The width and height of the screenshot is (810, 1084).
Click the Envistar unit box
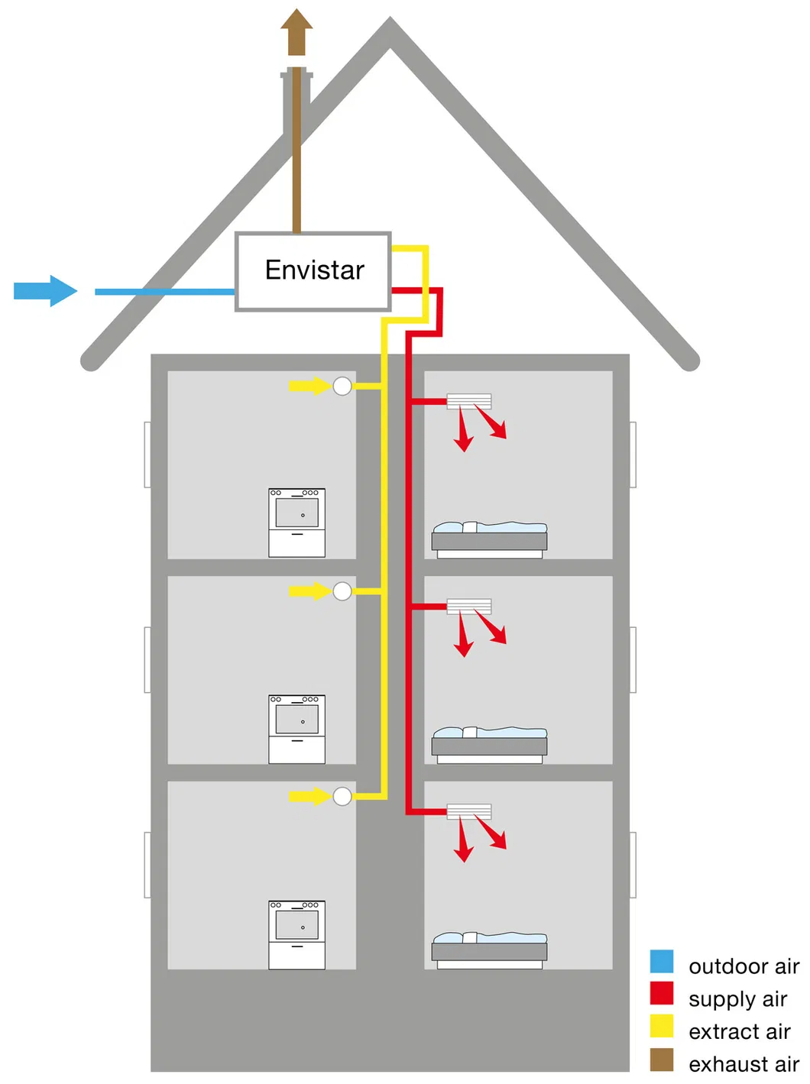coord(313,271)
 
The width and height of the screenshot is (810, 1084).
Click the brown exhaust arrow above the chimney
coord(296,32)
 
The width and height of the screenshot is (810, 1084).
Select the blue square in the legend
coord(662,961)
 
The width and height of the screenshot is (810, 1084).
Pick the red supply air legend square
coord(662,993)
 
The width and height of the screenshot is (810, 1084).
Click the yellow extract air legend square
coord(662,1026)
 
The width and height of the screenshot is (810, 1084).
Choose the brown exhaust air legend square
coord(662,1060)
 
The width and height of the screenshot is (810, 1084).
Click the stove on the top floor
coord(296,523)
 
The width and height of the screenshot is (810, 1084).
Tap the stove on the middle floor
coord(296,729)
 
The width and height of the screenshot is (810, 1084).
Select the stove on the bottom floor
coord(296,935)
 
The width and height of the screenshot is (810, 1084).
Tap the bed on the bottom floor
coord(489,950)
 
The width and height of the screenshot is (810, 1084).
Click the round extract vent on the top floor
coord(342,386)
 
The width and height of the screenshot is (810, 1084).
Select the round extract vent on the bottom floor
coord(342,796)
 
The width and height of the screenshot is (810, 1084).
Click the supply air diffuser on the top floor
coord(469,401)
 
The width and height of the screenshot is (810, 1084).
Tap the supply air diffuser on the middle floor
coord(469,607)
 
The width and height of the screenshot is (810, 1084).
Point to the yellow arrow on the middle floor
coord(309,591)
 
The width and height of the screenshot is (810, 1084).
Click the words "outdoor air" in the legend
coord(744,966)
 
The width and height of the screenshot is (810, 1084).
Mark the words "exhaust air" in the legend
coord(744,1063)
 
